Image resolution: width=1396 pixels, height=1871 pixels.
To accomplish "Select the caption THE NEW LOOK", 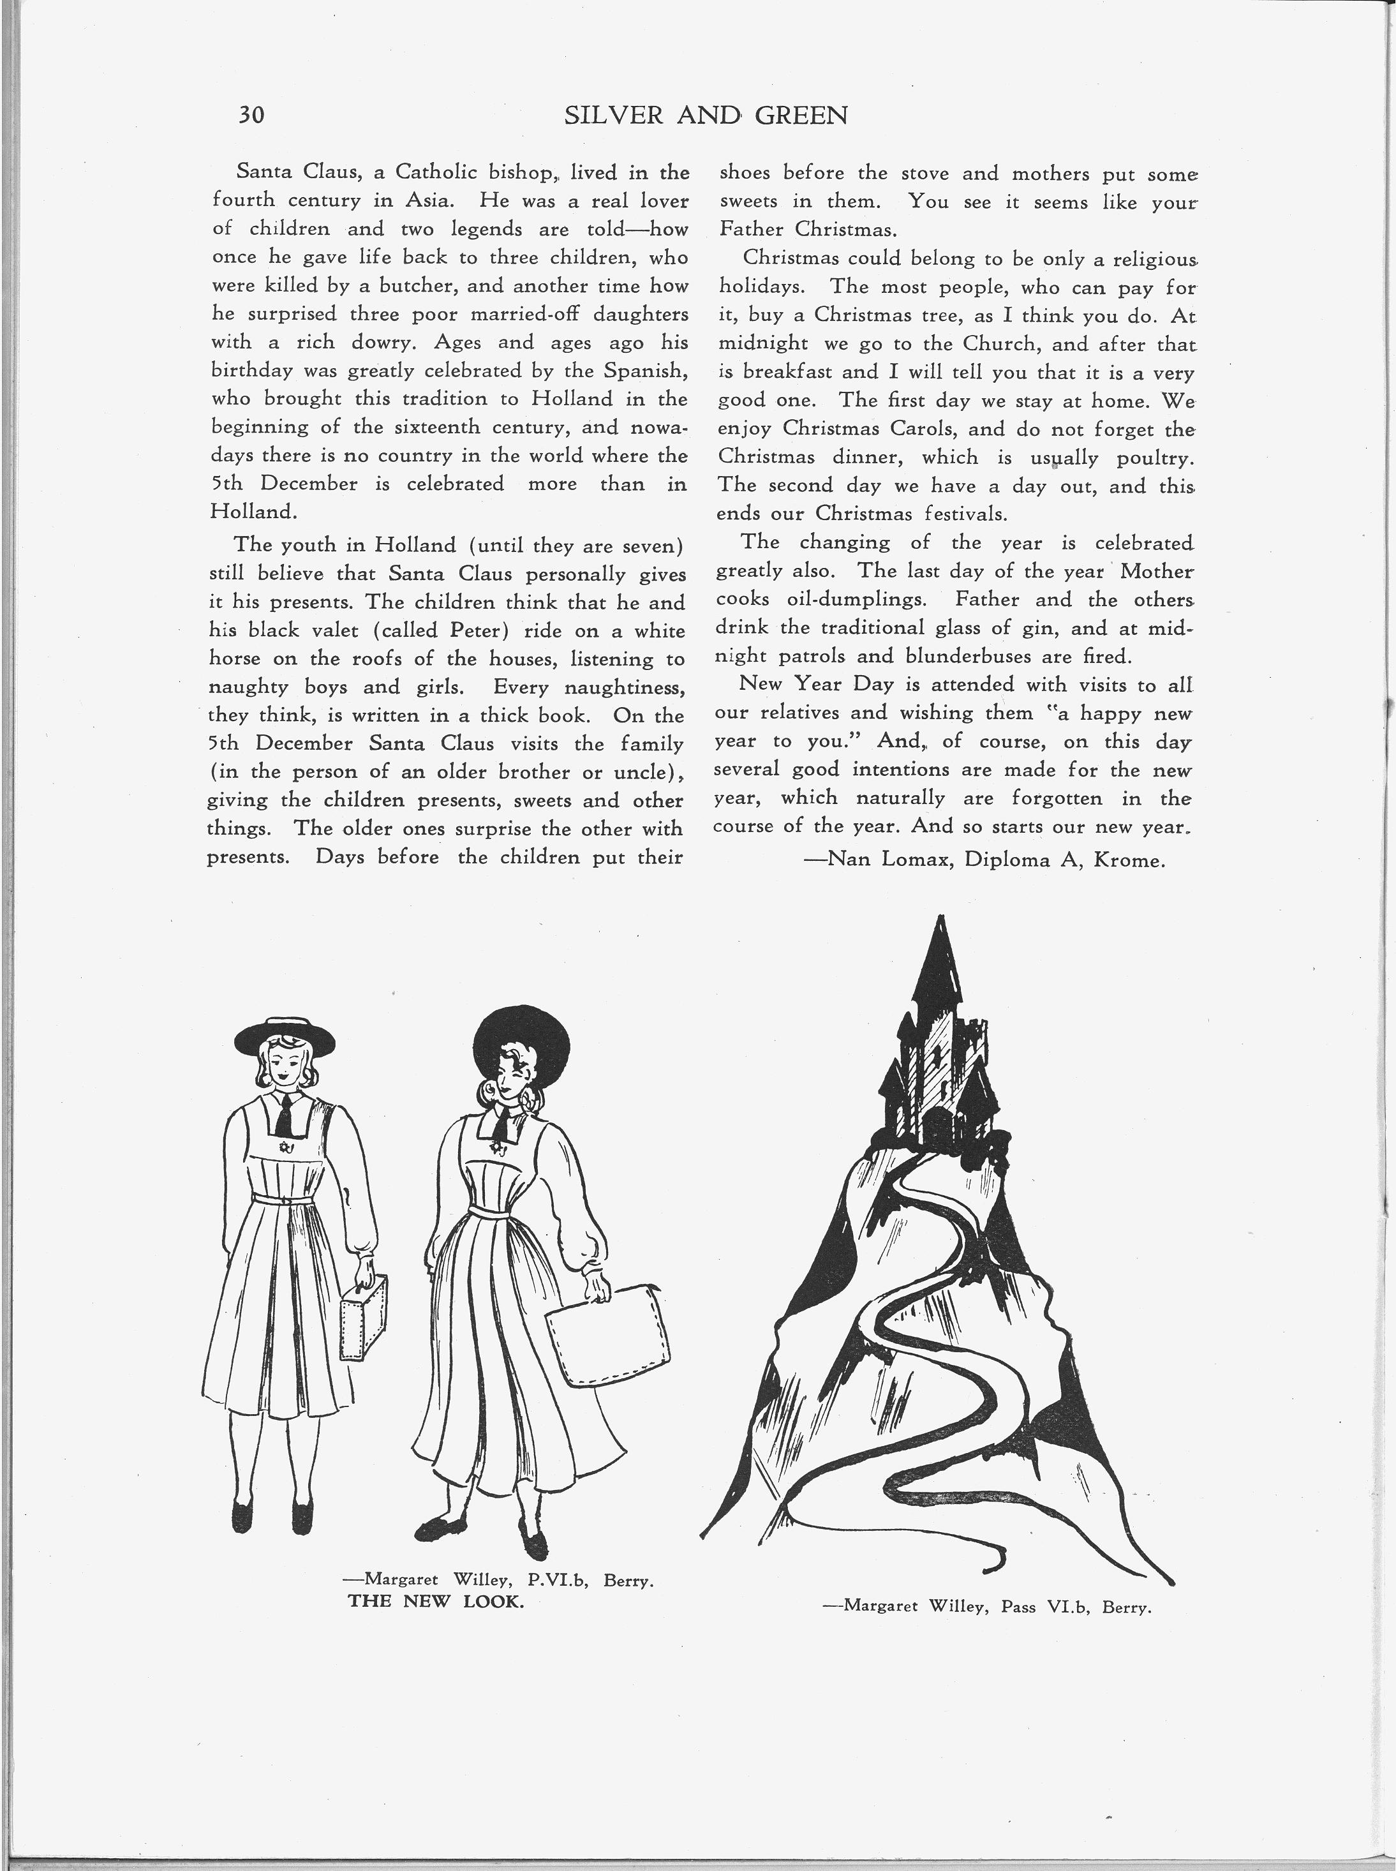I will pyautogui.click(x=436, y=1602).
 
